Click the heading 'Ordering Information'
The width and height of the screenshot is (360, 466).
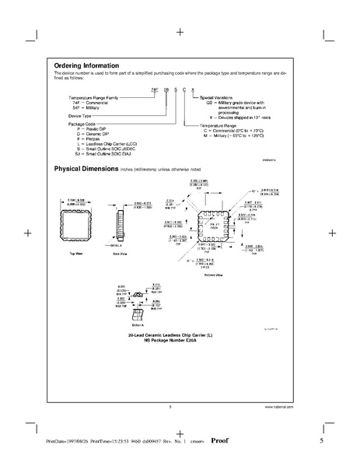(x=86, y=65)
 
